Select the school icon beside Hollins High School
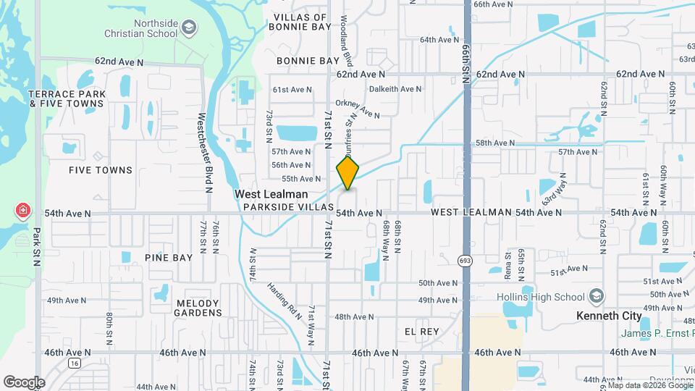point(596,297)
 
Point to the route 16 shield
point(74,363)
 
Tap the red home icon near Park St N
point(23,211)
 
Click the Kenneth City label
point(609,316)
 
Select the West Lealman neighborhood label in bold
point(271,194)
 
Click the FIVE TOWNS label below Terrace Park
point(101,170)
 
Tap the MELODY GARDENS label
point(197,308)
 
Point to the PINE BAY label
point(169,257)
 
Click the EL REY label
point(422,331)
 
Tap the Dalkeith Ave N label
point(395,89)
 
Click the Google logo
point(24,382)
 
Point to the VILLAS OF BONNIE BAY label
point(300,22)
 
